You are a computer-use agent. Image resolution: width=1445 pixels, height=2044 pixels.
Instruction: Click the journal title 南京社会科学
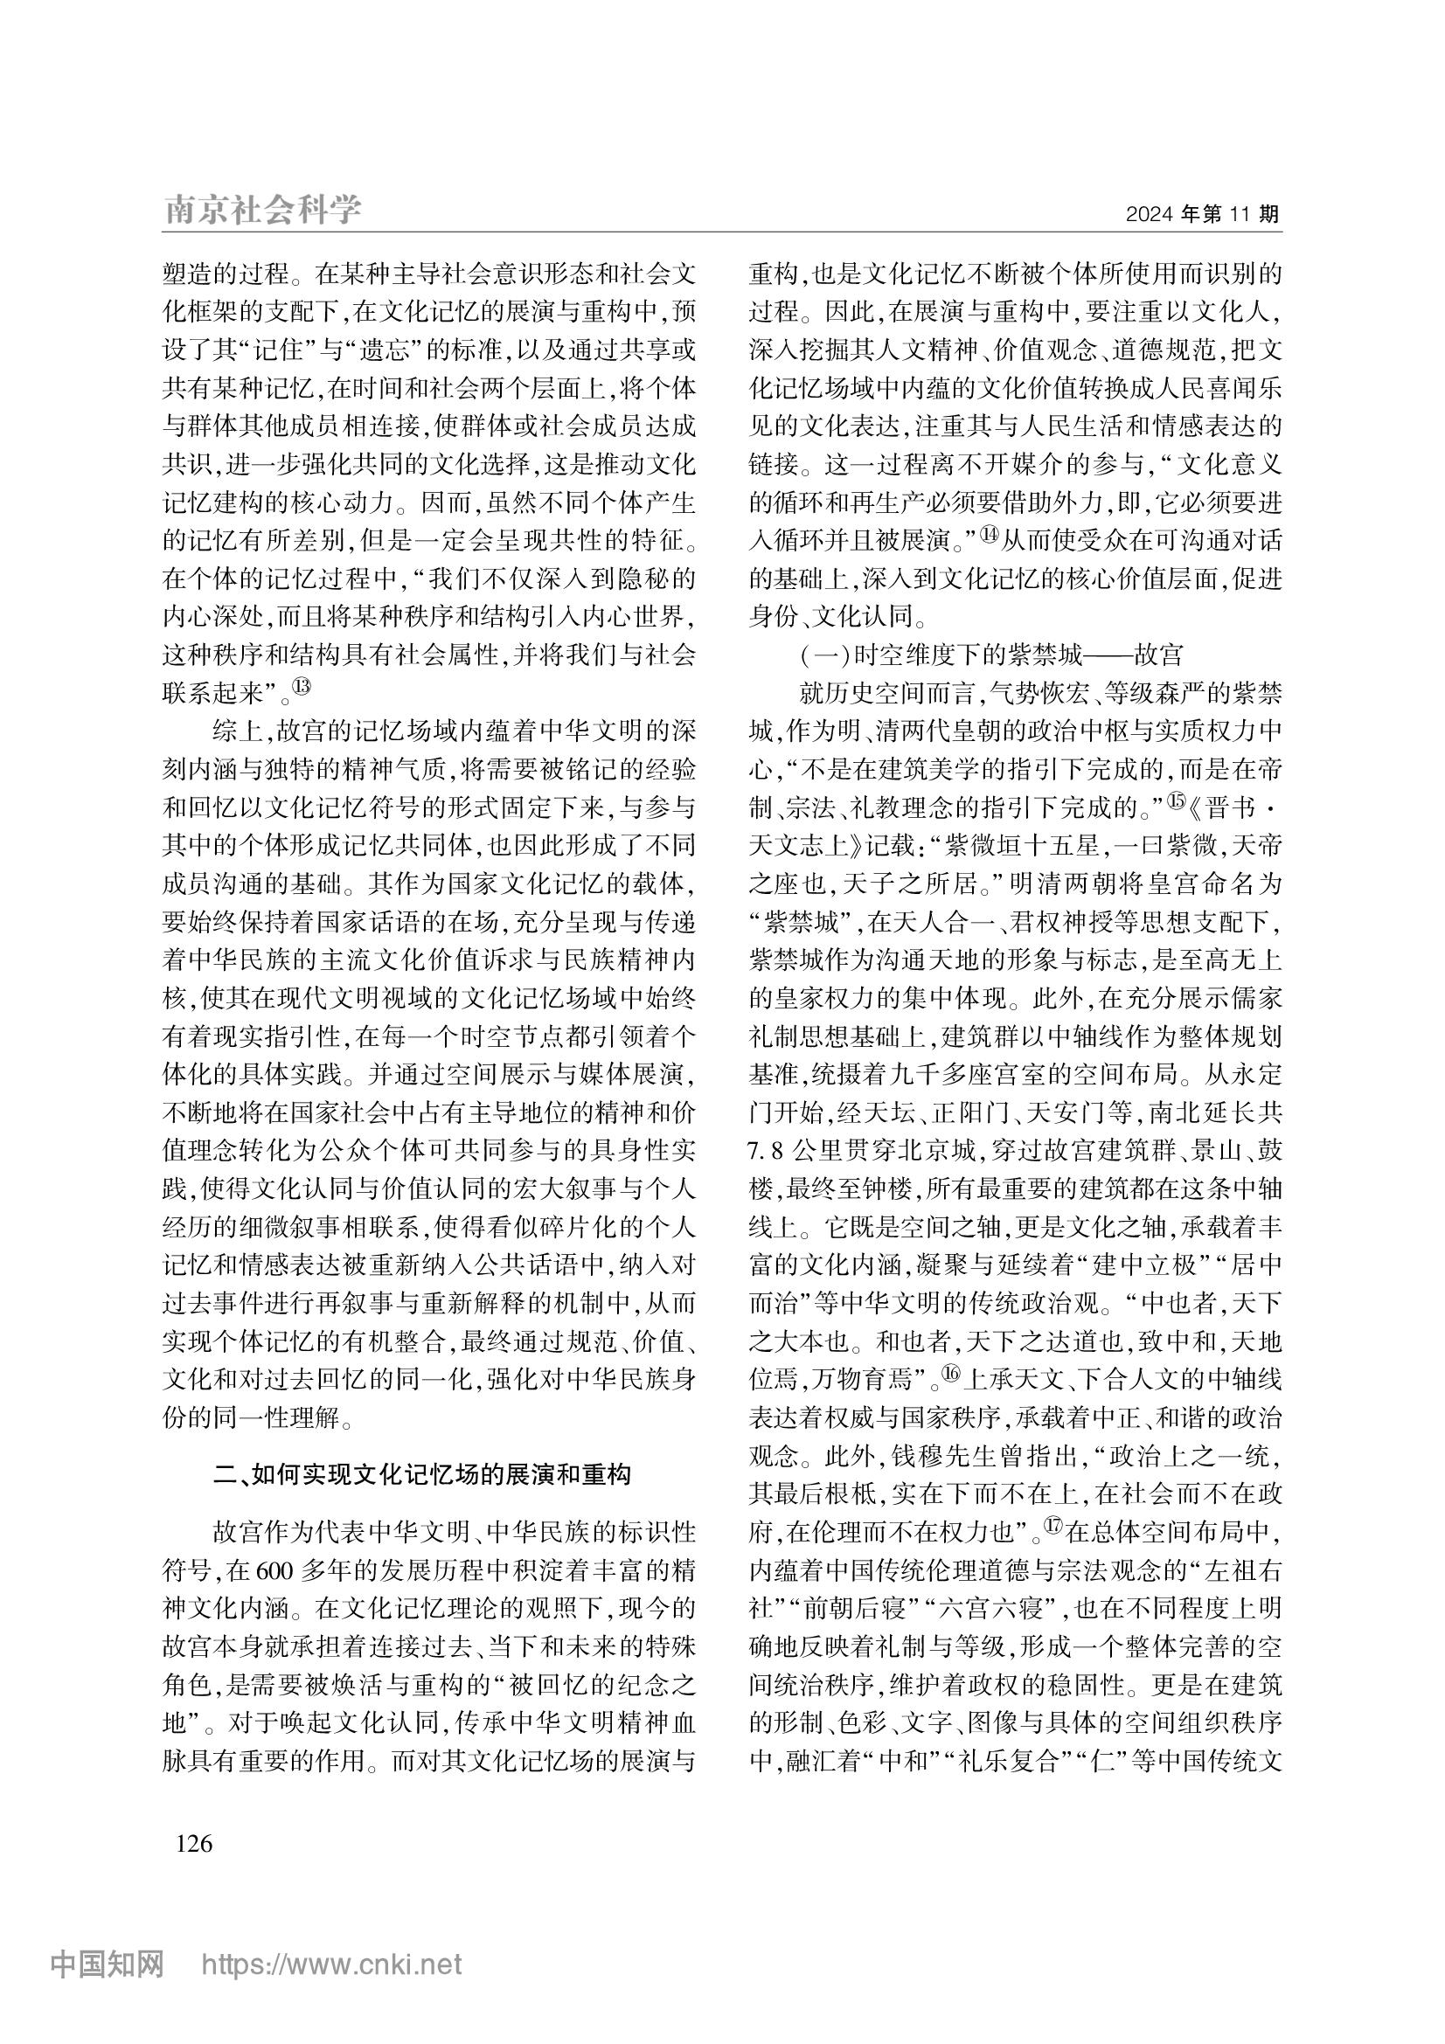pos(263,211)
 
